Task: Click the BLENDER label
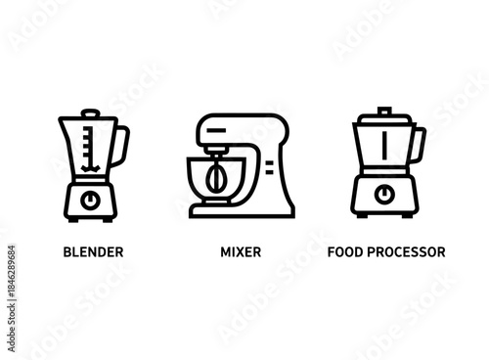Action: pos(93,251)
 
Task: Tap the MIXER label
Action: pos(241,251)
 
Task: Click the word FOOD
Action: pos(344,251)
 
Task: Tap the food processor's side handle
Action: pos(418,145)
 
